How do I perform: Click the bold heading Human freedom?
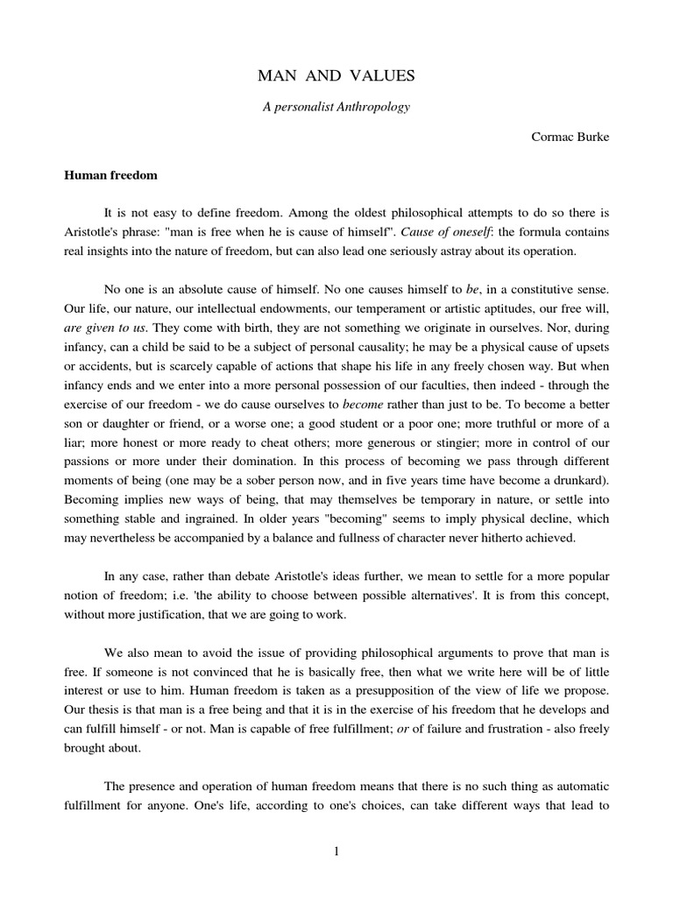point(110,175)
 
